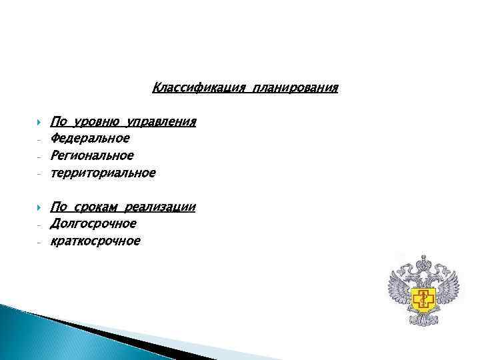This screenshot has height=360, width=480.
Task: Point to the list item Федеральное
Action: coord(91,139)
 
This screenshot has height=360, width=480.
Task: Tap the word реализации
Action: coord(164,207)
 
